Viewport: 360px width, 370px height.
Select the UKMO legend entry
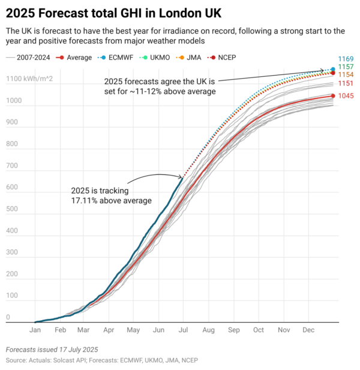(157, 58)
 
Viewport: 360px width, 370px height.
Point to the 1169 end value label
(346, 58)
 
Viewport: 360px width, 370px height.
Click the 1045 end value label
(346, 96)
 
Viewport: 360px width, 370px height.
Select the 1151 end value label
(346, 83)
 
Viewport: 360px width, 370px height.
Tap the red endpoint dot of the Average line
(333, 96)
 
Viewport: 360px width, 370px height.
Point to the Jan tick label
(35, 330)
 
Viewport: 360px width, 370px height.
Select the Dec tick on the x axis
(309, 330)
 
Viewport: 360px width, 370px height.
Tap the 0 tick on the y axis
(8, 317)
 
